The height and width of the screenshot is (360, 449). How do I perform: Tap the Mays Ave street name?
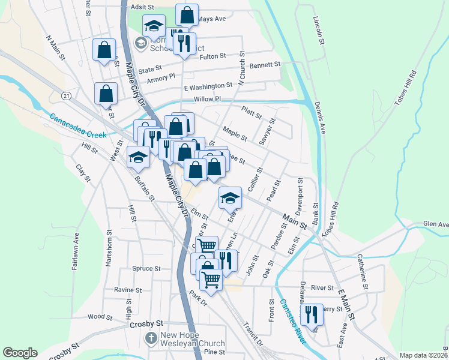point(211,19)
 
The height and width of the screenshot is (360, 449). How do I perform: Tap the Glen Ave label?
point(435,224)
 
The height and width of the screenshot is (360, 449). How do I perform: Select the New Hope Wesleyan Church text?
point(192,339)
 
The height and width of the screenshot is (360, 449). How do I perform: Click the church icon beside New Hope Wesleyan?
point(151,339)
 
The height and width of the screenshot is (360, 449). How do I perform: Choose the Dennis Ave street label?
point(318,117)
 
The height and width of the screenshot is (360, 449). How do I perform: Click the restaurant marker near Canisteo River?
point(310,315)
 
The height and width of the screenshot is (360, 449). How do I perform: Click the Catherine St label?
point(362,271)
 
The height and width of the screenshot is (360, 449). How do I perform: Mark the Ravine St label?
point(128,290)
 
